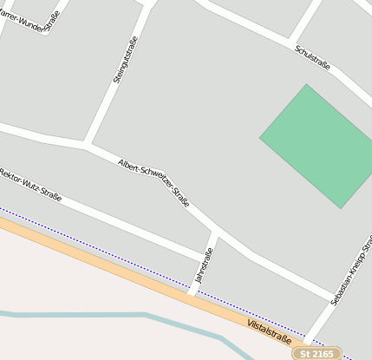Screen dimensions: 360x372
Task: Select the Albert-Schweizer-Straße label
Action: coord(153,182)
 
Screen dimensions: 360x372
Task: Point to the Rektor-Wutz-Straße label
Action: coord(30,185)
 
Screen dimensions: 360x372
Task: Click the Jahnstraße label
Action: coord(205,265)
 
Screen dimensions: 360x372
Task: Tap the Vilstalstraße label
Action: coord(269,331)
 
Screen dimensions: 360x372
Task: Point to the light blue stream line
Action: coord(104,314)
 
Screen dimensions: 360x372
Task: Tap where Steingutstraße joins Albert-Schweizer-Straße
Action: coord(86,144)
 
